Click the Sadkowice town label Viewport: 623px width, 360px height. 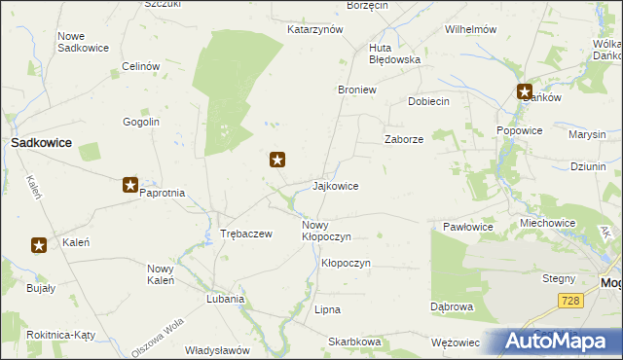41,142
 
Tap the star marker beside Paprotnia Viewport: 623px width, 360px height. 130,184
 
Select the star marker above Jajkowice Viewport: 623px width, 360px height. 277,160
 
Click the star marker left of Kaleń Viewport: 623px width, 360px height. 39,245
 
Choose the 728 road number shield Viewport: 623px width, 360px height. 571,302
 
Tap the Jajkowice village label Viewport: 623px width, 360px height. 335,186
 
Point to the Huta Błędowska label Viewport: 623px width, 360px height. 394,59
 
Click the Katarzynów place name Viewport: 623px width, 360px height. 315,29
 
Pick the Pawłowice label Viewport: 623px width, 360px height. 468,227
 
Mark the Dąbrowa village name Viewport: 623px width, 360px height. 452,306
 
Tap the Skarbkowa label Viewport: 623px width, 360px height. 354,342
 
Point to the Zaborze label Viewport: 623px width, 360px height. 403,139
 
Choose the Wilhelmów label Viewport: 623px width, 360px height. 471,29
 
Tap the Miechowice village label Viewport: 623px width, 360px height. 547,223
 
